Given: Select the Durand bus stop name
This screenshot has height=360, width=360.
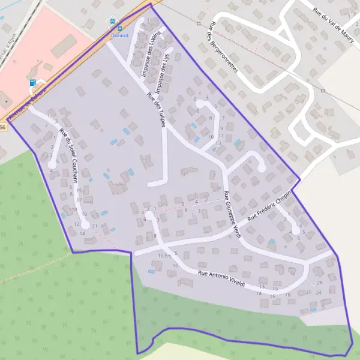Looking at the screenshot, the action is pyautogui.click(x=121, y=35).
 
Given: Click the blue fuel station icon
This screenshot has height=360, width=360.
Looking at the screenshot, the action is pyautogui.click(x=32, y=83).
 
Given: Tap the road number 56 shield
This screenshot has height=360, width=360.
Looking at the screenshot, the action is pyautogui.click(x=3, y=127).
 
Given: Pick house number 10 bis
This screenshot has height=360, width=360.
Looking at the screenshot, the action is pyautogui.click(x=165, y=256).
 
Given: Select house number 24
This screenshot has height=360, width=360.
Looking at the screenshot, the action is pyautogui.click(x=319, y=292).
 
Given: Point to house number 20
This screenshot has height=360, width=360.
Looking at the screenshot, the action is pyautogui.click(x=308, y=292).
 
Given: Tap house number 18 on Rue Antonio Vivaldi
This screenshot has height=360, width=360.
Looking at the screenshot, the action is pyautogui.click(x=287, y=295).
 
